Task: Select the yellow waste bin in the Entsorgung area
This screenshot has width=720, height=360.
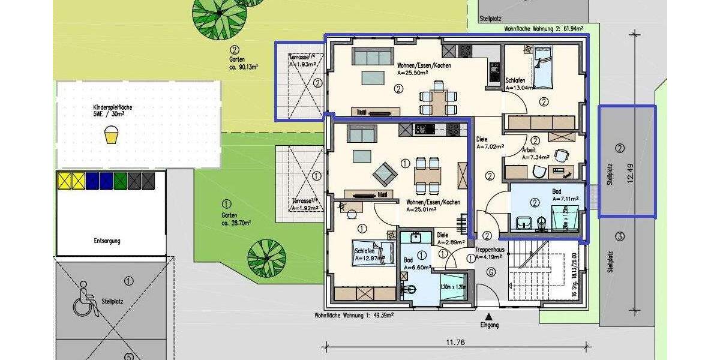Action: point(64,181)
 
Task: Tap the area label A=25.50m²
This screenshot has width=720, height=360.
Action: point(413,73)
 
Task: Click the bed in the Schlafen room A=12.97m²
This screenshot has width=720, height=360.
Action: point(373,253)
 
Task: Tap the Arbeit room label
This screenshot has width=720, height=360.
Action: point(529,150)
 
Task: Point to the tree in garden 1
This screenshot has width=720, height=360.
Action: point(266,257)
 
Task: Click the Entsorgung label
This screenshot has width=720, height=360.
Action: point(107,241)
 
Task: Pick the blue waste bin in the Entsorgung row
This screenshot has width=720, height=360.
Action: point(92,181)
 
